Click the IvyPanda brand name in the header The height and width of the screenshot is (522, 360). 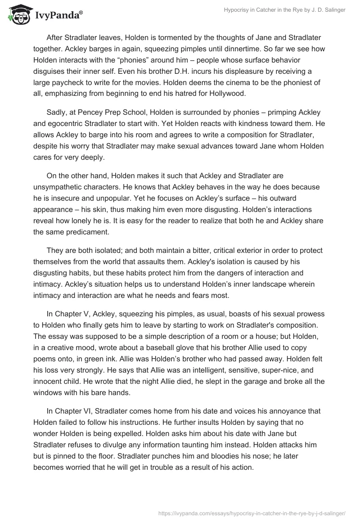58,16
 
